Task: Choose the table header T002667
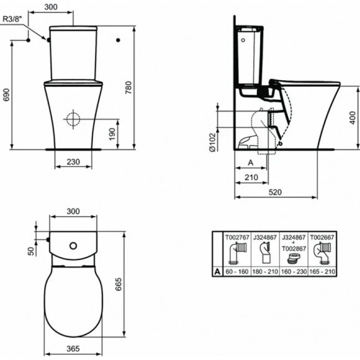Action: click(323, 236)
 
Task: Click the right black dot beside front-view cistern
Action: click(117, 40)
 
